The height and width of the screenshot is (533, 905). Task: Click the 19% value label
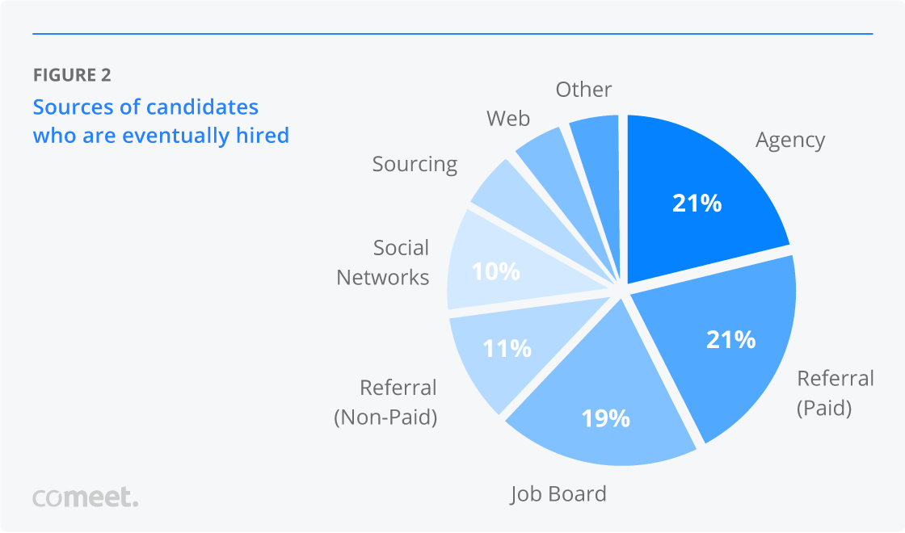pos(605,418)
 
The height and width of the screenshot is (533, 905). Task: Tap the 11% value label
pos(507,348)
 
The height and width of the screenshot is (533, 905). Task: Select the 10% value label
pos(495,271)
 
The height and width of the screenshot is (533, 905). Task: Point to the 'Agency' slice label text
pos(790,141)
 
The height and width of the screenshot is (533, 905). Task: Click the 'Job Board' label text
pos(558,493)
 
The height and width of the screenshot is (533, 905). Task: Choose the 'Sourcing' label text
pos(415,164)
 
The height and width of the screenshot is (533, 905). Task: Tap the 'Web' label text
pos(508,119)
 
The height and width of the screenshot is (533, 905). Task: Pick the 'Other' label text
pos(583,89)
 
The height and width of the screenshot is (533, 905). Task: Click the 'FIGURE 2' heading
pos(72,76)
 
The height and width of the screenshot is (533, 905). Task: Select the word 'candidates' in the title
pos(203,107)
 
